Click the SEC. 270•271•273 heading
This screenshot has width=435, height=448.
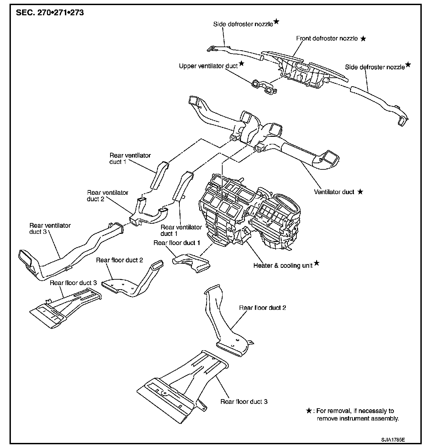(50, 13)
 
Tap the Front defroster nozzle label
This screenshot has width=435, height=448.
(327, 38)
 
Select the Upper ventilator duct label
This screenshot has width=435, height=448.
(208, 66)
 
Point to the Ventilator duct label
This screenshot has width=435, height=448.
(334, 192)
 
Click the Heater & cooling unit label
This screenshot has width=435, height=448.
(283, 265)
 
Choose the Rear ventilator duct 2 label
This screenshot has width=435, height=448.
(107, 195)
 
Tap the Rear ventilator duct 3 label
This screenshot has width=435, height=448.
(50, 228)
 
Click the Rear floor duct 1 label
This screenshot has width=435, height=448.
(177, 243)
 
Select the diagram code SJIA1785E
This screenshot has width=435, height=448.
(393, 440)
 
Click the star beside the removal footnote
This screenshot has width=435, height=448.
(309, 411)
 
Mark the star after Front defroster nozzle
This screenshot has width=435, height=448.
(363, 39)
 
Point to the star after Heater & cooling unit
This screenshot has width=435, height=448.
(316, 263)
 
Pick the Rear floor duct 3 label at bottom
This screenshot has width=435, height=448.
(244, 402)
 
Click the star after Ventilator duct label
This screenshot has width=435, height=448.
(360, 192)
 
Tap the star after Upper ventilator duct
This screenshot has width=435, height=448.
(241, 63)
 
